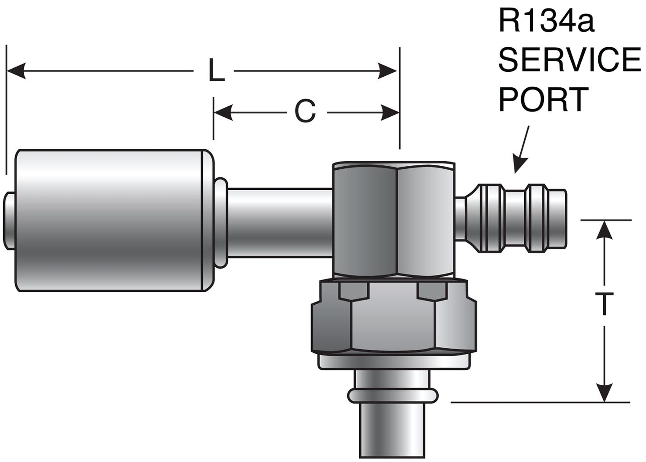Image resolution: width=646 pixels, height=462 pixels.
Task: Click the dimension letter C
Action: pyautogui.click(x=305, y=111)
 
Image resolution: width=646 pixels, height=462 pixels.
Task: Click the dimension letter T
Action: pyautogui.click(x=604, y=304)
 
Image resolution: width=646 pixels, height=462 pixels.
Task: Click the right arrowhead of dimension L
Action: pyautogui.click(x=387, y=71)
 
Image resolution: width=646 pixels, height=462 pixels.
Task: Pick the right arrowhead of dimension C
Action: pyautogui.click(x=391, y=112)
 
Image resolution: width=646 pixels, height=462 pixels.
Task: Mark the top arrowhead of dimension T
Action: pyautogui.click(x=604, y=229)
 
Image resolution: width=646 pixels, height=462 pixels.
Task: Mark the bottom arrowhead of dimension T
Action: pyautogui.click(x=604, y=392)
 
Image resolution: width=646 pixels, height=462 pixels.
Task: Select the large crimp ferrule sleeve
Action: pyautogui.click(x=111, y=221)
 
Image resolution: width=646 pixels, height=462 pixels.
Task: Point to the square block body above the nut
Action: pyautogui.click(x=395, y=218)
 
